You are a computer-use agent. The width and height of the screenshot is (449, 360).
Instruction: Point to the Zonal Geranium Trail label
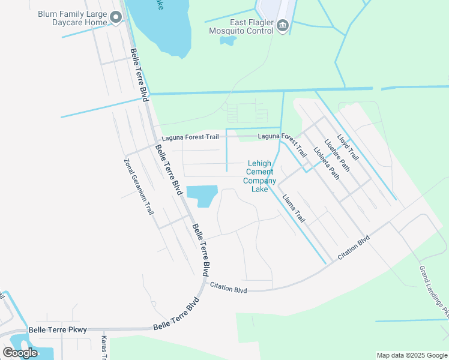tap(139, 187)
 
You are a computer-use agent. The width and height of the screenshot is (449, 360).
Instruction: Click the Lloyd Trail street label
tap(348, 146)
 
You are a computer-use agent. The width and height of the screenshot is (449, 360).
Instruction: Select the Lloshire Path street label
tap(337, 156)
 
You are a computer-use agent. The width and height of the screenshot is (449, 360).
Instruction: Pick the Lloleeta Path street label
tap(327, 163)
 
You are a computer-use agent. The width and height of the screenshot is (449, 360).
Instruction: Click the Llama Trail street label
tap(294, 208)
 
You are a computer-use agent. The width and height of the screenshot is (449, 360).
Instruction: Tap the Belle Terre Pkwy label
tap(58, 329)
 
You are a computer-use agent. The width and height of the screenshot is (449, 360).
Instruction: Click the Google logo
tap(20, 353)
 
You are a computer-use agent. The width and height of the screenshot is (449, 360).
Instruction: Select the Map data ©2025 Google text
tap(411, 355)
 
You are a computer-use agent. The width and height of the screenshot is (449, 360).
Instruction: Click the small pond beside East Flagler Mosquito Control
tap(228, 41)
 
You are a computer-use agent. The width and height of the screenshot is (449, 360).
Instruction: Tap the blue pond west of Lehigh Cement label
tap(202, 195)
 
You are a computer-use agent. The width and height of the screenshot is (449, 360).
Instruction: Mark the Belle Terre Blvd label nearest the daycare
tap(139, 74)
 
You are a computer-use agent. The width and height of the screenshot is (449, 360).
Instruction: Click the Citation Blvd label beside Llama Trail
tap(353, 247)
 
